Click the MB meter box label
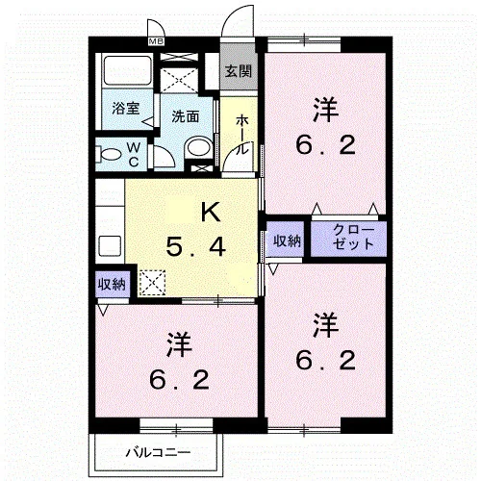pyautogui.click(x=156, y=41)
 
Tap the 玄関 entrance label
pyautogui.click(x=239, y=71)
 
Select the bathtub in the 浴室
pyautogui.click(x=127, y=70)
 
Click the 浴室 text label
pyautogui.click(x=126, y=109)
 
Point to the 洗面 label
pyautogui.click(x=186, y=116)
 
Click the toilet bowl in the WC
pyautogui.click(x=110, y=154)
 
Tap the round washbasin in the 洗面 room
pyautogui.click(x=199, y=148)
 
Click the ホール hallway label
pyautogui.click(x=242, y=135)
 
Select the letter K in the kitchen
pyautogui.click(x=211, y=212)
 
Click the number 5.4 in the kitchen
pyautogui.click(x=196, y=247)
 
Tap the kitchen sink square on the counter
pyautogui.click(x=110, y=246)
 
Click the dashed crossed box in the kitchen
pyautogui.click(x=153, y=283)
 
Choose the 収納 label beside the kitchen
pyautogui.click(x=112, y=284)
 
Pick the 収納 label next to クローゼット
pyautogui.click(x=287, y=240)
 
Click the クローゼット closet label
pyautogui.click(x=354, y=238)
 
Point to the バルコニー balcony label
pyautogui.click(x=158, y=453)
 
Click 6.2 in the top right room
pyautogui.click(x=325, y=145)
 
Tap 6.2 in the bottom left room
pyautogui.click(x=179, y=380)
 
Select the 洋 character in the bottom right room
pyautogui.click(x=326, y=325)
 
